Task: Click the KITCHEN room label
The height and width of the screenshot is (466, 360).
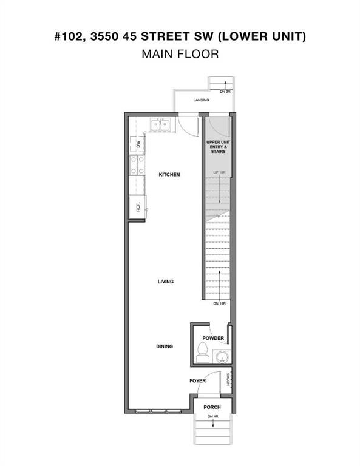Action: pos(169,175)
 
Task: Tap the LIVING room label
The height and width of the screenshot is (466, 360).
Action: pos(166,282)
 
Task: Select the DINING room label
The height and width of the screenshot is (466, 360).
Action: pos(165,346)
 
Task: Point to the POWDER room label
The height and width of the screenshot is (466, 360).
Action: pos(213,338)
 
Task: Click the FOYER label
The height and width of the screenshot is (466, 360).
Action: pos(197,380)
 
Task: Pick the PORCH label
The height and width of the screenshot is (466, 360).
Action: pos(212,407)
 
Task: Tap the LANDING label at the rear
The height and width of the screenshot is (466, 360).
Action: pos(201,100)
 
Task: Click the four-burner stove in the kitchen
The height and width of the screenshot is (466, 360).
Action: pos(137,165)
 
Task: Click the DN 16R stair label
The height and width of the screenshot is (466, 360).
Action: pos(220,303)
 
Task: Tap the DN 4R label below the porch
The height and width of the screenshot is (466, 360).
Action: pos(212,416)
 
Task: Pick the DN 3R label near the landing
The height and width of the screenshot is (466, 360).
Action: pos(226,91)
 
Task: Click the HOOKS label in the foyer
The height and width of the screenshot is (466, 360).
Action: pos(229,380)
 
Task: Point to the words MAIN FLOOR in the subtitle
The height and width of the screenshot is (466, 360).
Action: pos(180,53)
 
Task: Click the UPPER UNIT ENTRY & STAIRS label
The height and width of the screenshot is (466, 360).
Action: pos(217,146)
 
